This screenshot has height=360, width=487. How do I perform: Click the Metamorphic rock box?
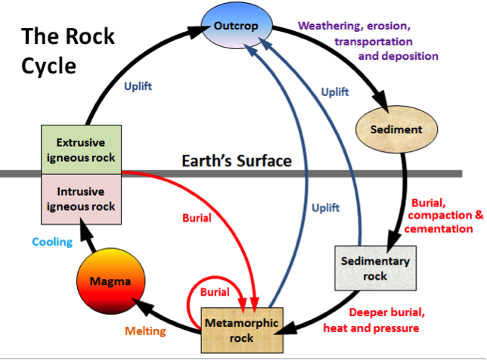[241, 330]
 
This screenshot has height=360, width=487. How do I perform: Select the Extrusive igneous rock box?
[80, 149]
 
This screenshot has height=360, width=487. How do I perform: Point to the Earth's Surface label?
[237, 161]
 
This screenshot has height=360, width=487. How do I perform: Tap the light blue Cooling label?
[51, 242]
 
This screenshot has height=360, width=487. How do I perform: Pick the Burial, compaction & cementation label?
[446, 216]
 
